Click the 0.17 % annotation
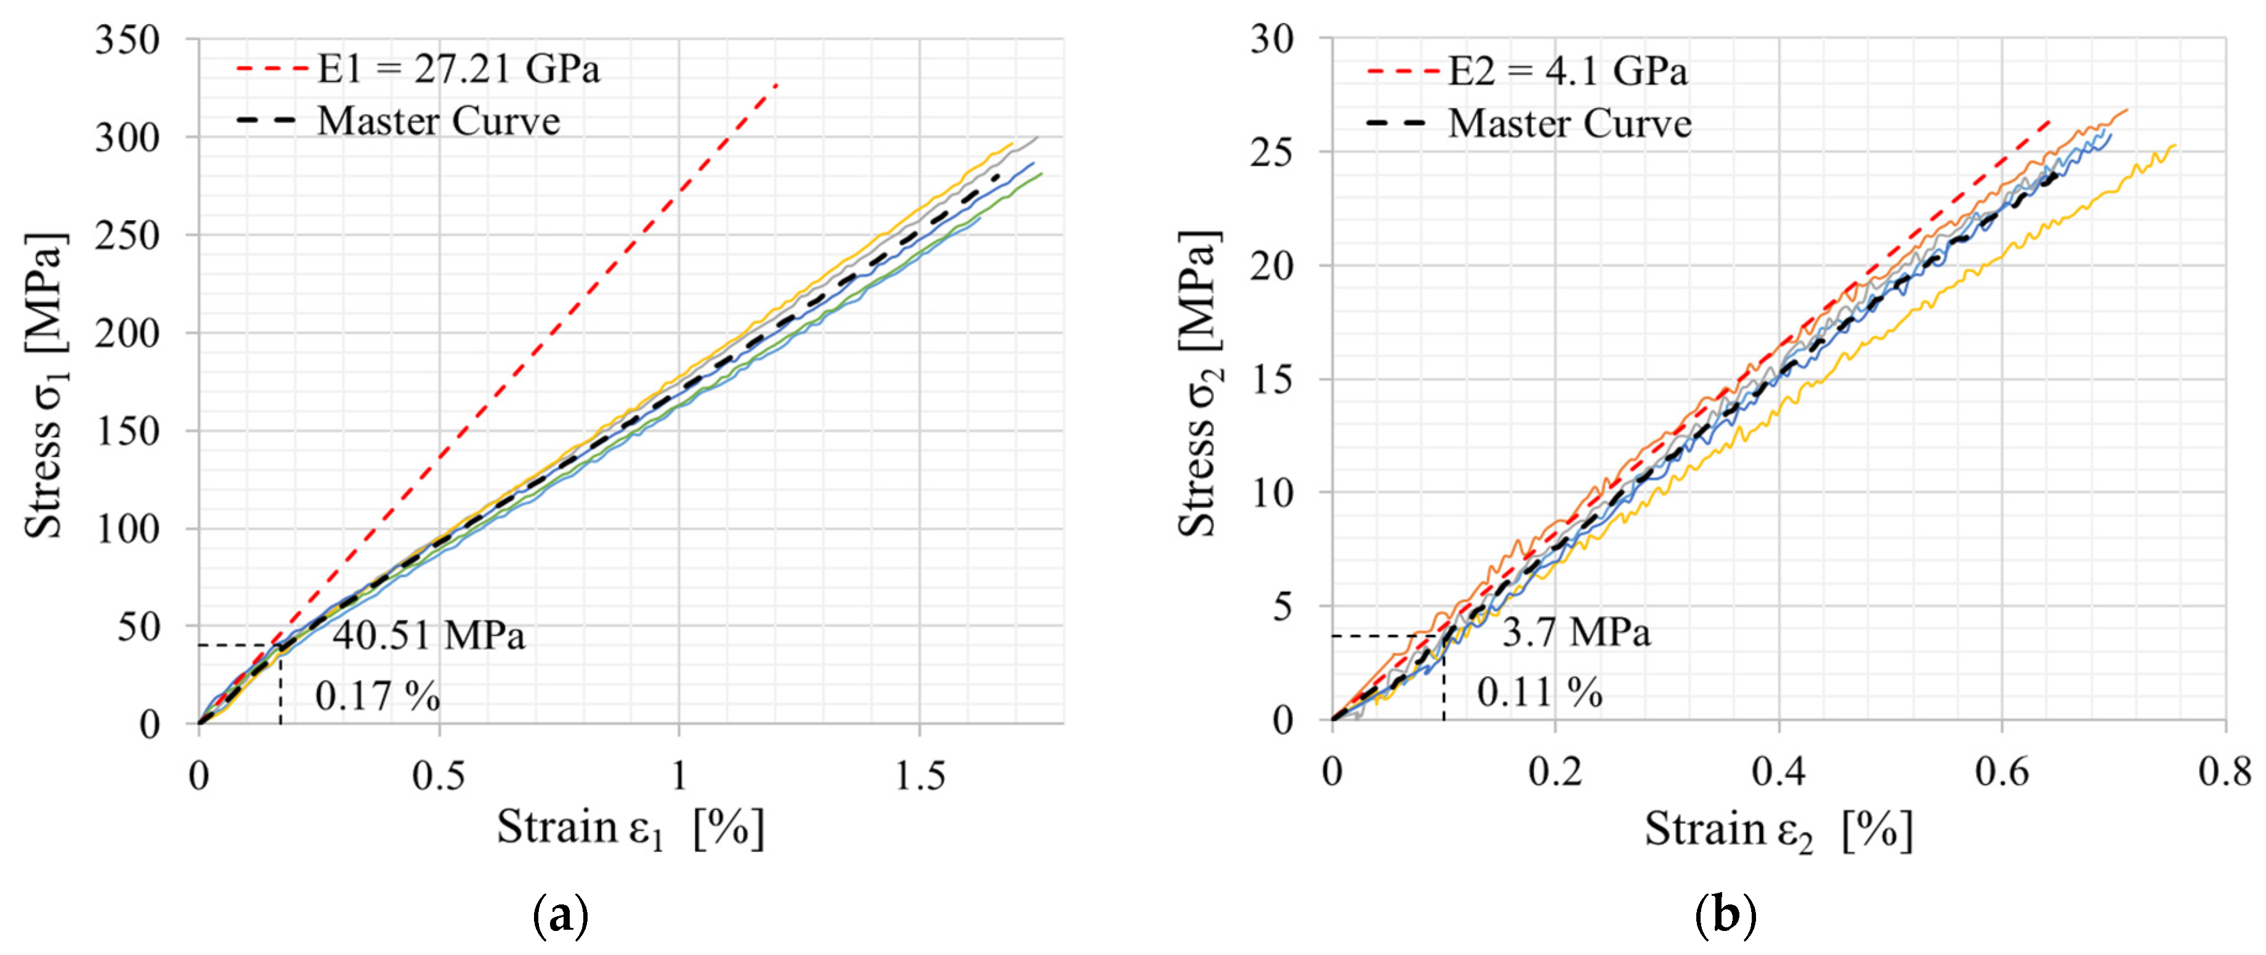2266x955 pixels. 378,696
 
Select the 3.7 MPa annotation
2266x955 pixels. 1576,633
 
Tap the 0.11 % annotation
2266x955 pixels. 1539,693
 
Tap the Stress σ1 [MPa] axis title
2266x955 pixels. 44,385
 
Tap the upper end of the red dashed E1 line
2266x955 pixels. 776,85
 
